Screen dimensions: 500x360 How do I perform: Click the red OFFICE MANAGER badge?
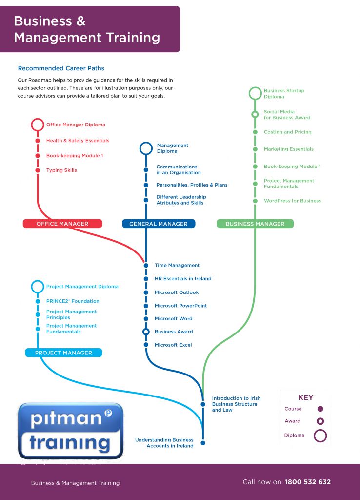pyautogui.click(x=62, y=224)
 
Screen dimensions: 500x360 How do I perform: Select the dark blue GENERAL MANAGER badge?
pyautogui.click(x=158, y=224)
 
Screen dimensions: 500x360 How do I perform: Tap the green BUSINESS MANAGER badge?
pyautogui.click(x=255, y=224)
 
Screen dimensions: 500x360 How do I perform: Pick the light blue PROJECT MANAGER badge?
pyautogui.click(x=63, y=353)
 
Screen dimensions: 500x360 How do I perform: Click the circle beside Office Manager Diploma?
pyautogui.click(x=38, y=125)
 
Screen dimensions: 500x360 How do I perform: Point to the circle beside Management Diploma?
pyautogui.click(x=146, y=148)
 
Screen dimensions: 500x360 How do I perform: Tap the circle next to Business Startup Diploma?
pyautogui.click(x=255, y=93)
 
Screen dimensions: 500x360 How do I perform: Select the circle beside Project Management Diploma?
pyautogui.click(x=38, y=287)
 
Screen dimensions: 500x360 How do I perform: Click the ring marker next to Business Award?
pyautogui.click(x=146, y=332)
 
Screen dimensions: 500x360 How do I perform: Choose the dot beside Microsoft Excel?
pyautogui.click(x=146, y=345)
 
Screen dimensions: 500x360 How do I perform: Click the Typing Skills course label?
pyautogui.click(x=61, y=170)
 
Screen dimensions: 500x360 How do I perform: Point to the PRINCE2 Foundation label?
pyautogui.click(x=73, y=301)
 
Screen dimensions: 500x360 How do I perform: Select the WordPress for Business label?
pyautogui.click(x=292, y=201)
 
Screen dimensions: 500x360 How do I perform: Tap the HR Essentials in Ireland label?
pyautogui.click(x=183, y=279)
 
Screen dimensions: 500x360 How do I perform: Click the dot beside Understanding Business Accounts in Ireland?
pyautogui.click(x=203, y=443)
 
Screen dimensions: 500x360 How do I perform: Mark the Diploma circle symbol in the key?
pyautogui.click(x=320, y=435)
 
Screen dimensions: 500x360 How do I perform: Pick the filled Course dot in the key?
pyautogui.click(x=320, y=409)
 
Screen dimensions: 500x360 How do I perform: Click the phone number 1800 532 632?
pyautogui.click(x=307, y=482)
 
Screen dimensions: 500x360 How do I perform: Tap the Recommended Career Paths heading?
pyautogui.click(x=61, y=68)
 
